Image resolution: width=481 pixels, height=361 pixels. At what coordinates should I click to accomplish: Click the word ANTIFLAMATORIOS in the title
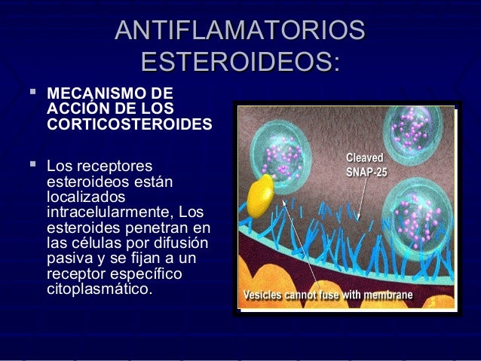(240, 32)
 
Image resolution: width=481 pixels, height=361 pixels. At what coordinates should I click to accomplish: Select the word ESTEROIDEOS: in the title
(240, 60)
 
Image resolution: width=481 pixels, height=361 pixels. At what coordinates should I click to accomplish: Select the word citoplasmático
(98, 289)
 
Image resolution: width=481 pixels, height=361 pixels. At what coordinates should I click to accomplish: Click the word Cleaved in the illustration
(365, 158)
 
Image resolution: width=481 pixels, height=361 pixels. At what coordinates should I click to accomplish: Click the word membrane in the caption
(388, 295)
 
